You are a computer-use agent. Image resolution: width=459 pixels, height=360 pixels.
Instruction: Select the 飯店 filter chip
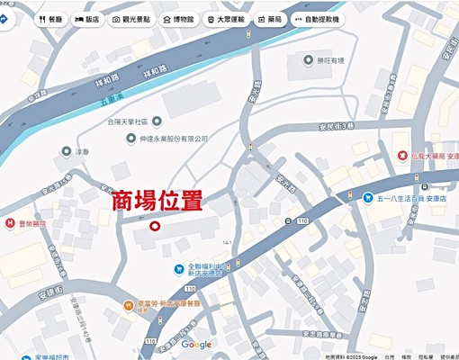click(x=87, y=19)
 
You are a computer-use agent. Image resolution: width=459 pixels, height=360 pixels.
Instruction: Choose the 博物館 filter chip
click(x=177, y=19)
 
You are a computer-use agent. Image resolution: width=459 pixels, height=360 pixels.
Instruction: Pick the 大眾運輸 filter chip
click(x=225, y=19)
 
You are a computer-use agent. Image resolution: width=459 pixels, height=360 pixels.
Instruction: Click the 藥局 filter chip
click(x=270, y=19)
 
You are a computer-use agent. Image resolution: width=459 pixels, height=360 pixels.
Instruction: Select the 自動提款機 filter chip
click(x=317, y=19)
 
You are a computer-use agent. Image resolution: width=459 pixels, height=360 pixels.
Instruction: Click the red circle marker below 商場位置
click(x=154, y=227)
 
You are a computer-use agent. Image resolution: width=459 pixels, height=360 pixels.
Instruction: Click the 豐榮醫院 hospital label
click(x=27, y=223)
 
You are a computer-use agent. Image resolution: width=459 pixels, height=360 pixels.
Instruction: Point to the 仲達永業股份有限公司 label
click(x=168, y=139)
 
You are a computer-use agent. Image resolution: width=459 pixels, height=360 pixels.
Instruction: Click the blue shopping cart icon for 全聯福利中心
click(x=179, y=268)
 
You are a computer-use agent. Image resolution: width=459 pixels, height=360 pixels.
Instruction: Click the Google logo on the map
click(x=196, y=345)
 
